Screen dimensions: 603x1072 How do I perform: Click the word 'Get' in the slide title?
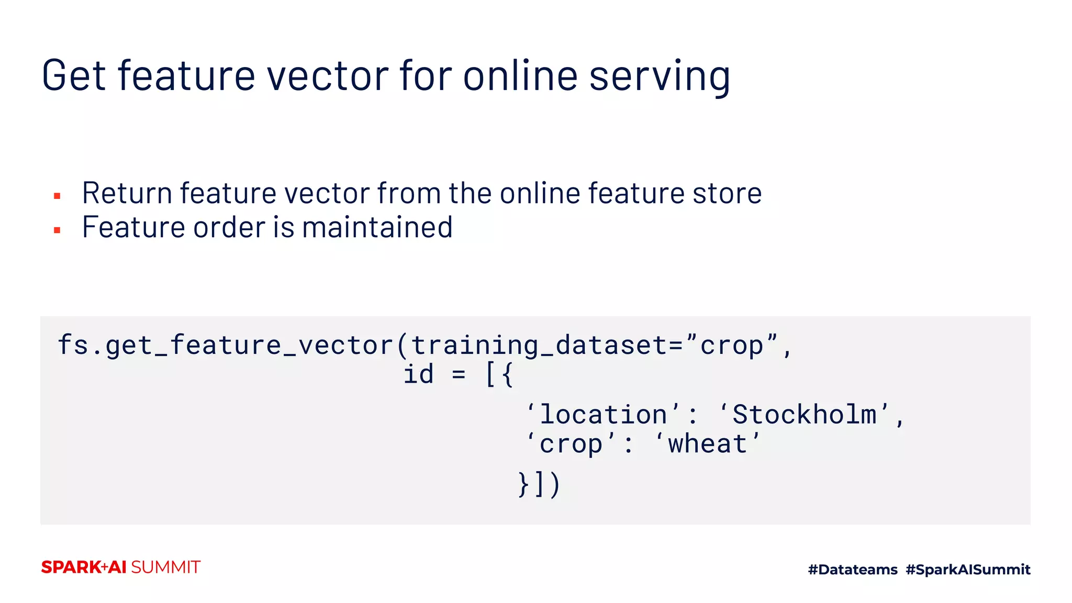[74, 76]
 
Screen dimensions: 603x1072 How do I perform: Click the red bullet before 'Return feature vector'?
[57, 196]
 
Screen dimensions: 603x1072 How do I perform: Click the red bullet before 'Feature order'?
[57, 230]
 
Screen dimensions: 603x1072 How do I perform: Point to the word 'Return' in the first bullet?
[127, 193]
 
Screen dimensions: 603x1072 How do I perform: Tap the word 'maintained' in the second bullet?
[377, 227]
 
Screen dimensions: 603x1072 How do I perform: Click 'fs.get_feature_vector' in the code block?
[225, 345]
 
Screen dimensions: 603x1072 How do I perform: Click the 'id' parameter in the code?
[418, 375]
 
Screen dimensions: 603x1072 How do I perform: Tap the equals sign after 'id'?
[459, 375]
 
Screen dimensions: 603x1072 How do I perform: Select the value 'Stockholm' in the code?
[804, 415]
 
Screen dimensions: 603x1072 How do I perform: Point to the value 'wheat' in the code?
[707, 444]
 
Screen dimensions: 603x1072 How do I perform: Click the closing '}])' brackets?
[539, 484]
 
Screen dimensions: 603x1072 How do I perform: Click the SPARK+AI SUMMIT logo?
[121, 567]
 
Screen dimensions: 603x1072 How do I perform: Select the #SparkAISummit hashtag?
[968, 569]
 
